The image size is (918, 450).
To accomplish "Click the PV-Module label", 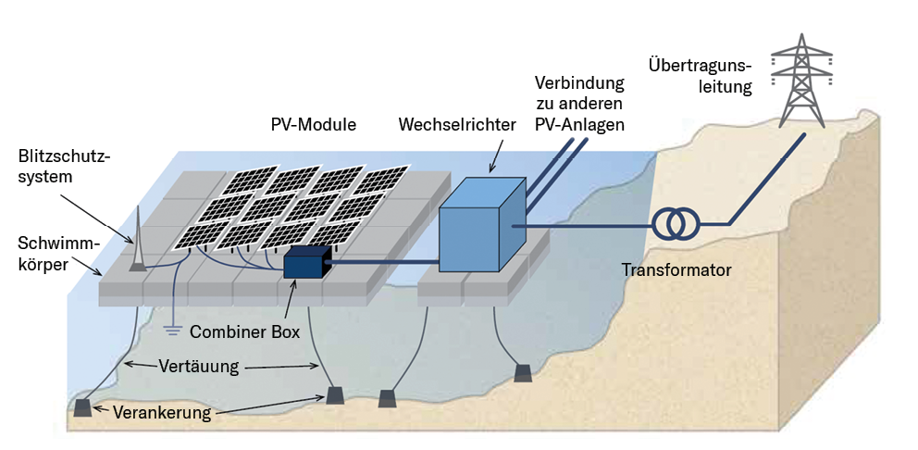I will pyautogui.click(x=313, y=124).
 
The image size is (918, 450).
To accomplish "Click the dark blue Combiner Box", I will pyautogui.click(x=306, y=264).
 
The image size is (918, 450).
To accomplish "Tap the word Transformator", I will pyautogui.click(x=676, y=270).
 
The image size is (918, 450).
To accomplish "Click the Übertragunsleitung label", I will pyautogui.click(x=700, y=77).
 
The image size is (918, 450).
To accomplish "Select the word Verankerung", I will pyautogui.click(x=162, y=413).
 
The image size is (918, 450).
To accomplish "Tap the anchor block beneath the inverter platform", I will pyautogui.click(x=523, y=372).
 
